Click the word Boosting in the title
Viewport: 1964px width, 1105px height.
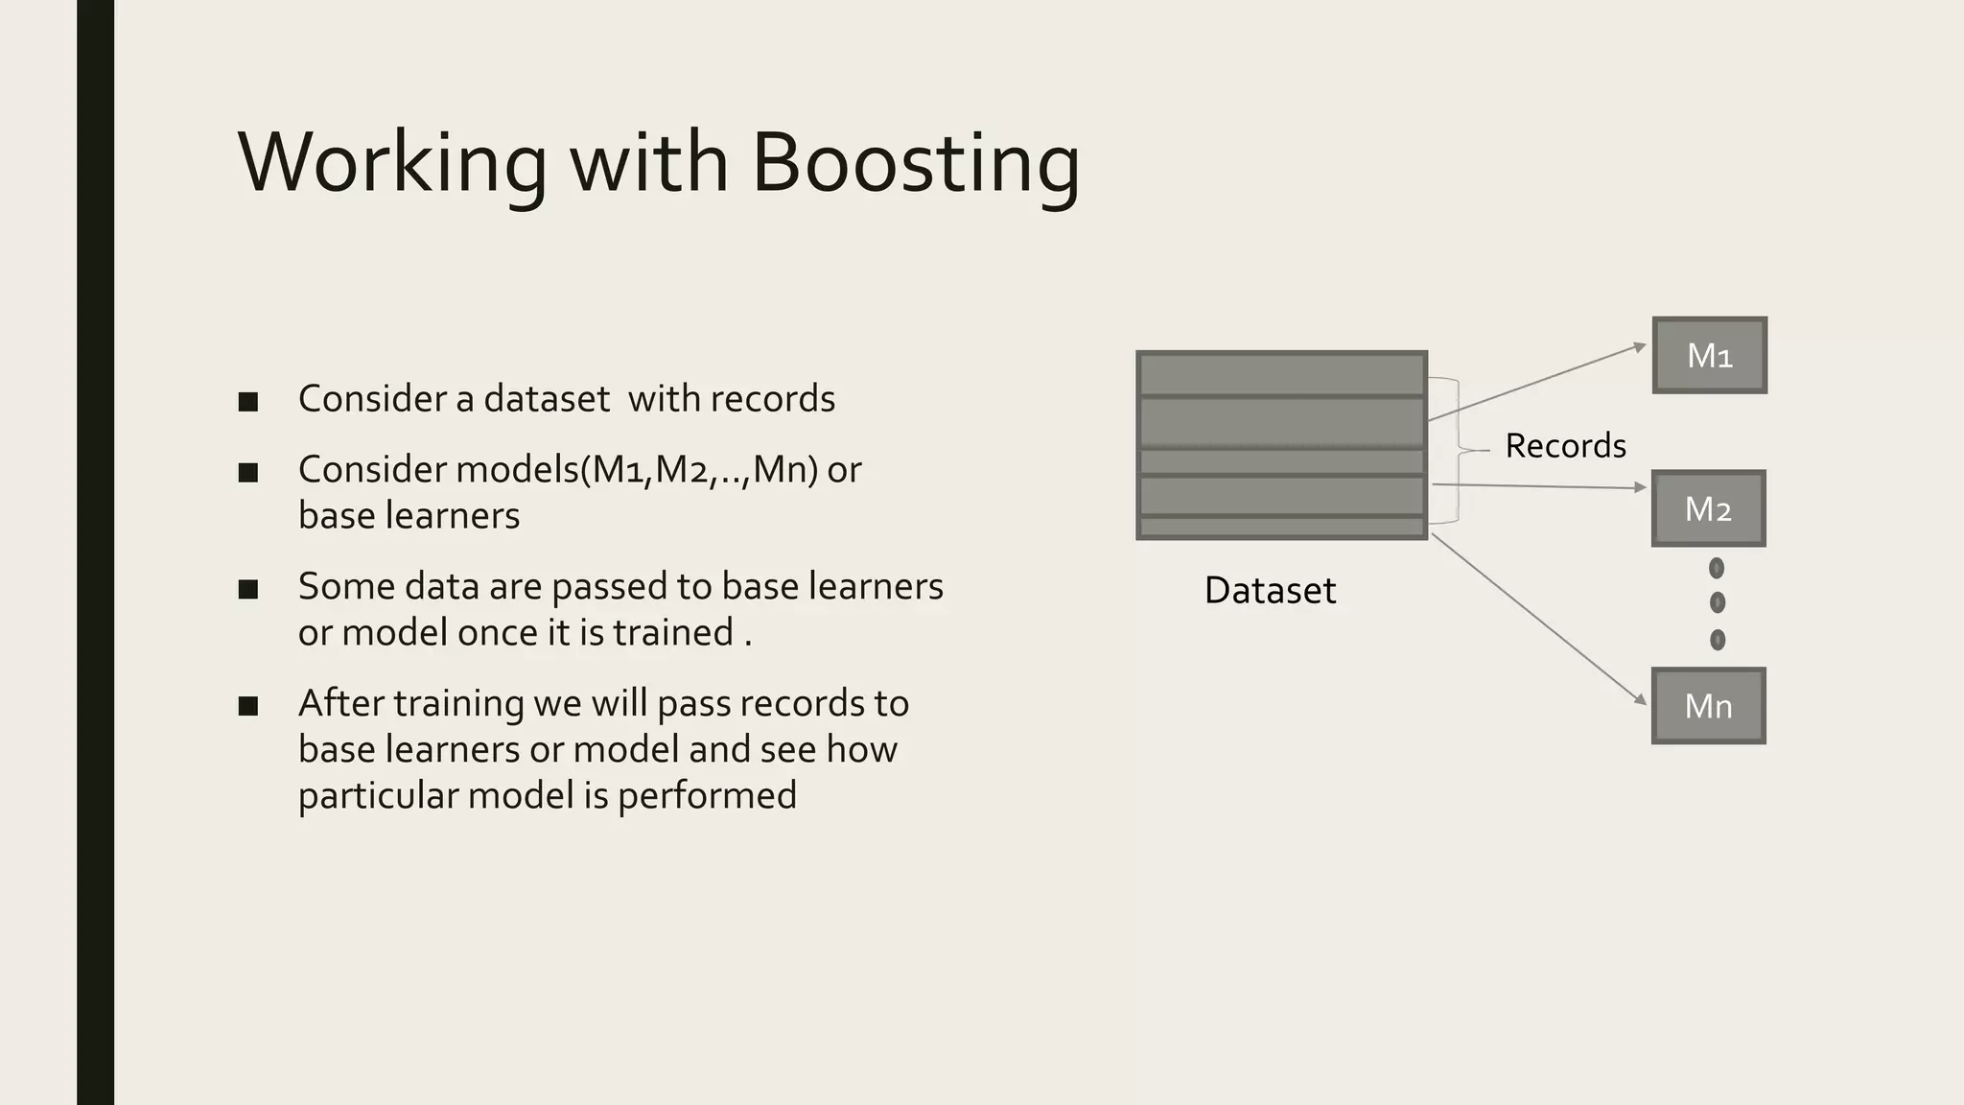click(916, 163)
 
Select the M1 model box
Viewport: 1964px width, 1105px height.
click(1709, 355)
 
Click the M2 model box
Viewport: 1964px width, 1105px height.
click(1708, 508)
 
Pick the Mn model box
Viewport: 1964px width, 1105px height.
click(1708, 706)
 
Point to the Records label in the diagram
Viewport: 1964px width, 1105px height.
click(1565, 446)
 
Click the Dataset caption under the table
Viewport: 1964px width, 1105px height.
click(1270, 591)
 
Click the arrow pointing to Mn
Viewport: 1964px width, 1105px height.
click(1539, 620)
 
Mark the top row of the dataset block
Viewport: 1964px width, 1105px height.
click(1281, 374)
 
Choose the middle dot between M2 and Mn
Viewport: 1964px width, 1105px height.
click(1717, 602)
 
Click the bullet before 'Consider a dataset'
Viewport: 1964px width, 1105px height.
click(248, 401)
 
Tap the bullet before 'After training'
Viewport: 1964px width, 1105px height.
click(248, 706)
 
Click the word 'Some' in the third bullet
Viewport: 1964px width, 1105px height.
click(345, 587)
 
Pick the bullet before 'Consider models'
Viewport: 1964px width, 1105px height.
click(248, 472)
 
